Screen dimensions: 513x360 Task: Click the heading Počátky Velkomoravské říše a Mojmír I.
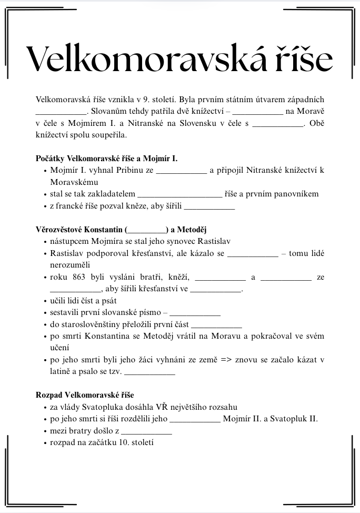coord(107,159)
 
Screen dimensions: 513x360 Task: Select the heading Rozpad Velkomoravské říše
coord(88,394)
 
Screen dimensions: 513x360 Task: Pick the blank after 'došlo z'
coord(147,431)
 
